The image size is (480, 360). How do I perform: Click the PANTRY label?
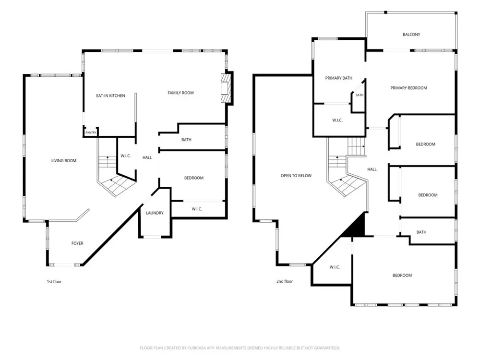[x=91, y=132]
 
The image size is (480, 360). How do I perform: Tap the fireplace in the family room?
[x=226, y=88]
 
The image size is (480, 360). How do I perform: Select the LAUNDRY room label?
[x=155, y=213]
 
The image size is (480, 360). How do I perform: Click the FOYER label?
[x=77, y=243]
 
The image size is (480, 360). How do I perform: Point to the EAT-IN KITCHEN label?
[x=110, y=96]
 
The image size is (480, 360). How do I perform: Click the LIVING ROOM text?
[x=64, y=160]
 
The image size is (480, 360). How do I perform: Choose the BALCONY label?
[x=411, y=34]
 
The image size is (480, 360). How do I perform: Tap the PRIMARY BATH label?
[x=338, y=78]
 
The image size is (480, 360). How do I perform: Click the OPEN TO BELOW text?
[x=296, y=175]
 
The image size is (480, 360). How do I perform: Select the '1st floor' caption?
[x=54, y=281]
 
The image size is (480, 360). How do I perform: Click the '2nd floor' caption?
[x=285, y=281]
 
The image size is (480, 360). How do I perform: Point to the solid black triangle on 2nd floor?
[x=357, y=227]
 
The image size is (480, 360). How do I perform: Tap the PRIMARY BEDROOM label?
[x=408, y=88]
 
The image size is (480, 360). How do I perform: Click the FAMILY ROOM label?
[x=180, y=93]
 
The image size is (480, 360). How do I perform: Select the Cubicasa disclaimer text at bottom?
[x=240, y=348]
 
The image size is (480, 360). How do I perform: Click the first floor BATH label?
[x=186, y=140]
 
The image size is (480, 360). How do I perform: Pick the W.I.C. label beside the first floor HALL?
[x=125, y=156]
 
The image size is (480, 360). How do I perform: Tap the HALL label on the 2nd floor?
[x=372, y=169]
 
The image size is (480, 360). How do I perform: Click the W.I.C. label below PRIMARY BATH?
[x=337, y=120]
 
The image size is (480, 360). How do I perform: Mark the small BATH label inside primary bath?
[x=360, y=95]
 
